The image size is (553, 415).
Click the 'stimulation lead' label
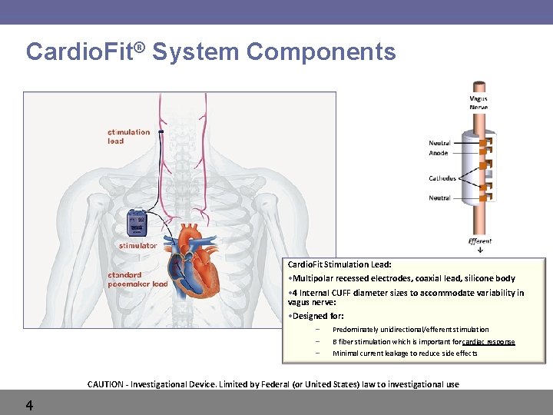tap(128, 136)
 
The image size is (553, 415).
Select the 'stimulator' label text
tap(137, 246)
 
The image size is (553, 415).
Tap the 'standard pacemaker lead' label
tap(137, 278)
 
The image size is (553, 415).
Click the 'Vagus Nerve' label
tap(478, 102)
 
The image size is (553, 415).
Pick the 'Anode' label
tap(439, 154)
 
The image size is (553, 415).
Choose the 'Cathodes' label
tap(442, 178)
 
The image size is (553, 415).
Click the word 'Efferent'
tap(480, 241)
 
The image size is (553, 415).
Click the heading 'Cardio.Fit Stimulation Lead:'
tap(339, 264)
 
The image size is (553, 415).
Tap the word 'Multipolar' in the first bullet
tap(313, 278)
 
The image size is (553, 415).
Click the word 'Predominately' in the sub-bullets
tap(356, 330)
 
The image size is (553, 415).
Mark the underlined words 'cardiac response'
tap(489, 341)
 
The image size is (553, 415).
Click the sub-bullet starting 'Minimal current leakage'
tap(405, 354)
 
